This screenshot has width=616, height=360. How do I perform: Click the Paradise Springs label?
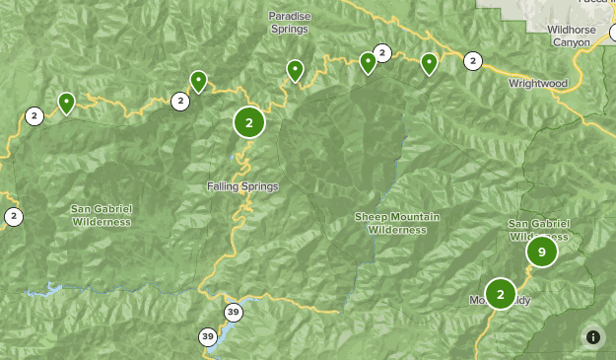(288, 22)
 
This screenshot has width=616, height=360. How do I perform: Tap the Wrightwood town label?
(538, 83)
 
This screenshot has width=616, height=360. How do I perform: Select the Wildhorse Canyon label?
(571, 36)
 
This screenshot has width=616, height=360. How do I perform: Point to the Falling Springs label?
(242, 186)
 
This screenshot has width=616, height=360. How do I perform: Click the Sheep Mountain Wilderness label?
(397, 223)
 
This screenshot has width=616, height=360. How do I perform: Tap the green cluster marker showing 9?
(541, 252)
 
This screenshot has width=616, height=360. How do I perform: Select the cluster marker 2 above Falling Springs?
(249, 122)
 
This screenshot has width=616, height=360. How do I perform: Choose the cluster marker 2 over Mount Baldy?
(501, 293)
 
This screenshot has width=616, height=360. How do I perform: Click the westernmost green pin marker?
(66, 102)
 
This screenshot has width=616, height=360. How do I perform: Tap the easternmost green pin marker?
(429, 63)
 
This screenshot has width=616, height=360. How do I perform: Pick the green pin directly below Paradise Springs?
(295, 69)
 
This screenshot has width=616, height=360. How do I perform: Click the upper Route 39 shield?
(234, 313)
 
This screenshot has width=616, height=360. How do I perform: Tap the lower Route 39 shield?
(208, 336)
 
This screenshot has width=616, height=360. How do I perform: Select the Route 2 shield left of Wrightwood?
(473, 61)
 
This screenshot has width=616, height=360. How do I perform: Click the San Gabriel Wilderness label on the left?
(101, 215)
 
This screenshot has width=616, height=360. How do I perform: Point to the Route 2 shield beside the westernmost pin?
(34, 116)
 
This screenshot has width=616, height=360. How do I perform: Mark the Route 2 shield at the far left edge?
(13, 217)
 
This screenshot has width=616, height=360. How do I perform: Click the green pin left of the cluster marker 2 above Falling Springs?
(198, 81)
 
